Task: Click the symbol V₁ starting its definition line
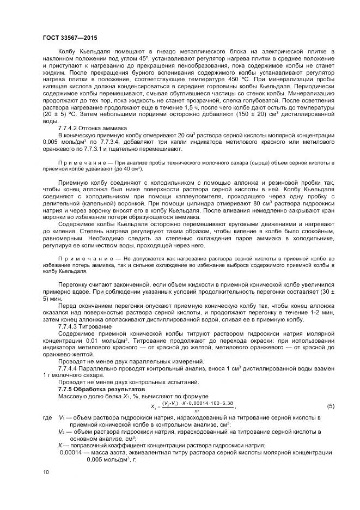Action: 62,417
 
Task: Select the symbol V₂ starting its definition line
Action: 62,431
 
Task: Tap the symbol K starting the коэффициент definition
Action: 60,445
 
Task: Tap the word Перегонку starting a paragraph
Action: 74,283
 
